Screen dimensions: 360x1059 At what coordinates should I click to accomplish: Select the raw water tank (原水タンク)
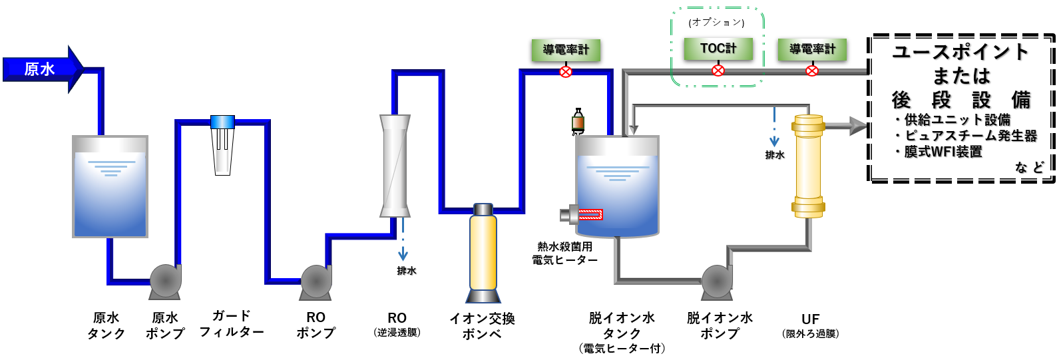110,187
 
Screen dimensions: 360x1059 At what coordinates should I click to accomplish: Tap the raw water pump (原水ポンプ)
165,281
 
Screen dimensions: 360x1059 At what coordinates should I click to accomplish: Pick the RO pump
316,281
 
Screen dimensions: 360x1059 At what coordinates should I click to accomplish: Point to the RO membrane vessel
395,166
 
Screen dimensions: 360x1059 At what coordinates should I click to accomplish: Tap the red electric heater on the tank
589,214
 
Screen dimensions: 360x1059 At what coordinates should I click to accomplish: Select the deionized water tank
617,187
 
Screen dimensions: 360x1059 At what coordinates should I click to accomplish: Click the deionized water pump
717,281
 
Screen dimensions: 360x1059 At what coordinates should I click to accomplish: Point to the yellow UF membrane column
808,166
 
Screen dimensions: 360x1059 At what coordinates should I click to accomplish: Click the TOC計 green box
718,49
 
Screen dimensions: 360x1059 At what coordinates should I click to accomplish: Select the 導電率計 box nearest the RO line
566,50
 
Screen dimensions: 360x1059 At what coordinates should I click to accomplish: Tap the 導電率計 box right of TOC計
812,49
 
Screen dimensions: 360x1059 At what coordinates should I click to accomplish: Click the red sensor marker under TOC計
718,70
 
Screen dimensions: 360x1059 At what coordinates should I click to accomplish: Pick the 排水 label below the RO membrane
406,271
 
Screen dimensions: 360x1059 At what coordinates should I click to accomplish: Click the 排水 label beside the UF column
774,155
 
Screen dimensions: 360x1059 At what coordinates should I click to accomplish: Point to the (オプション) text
716,23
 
